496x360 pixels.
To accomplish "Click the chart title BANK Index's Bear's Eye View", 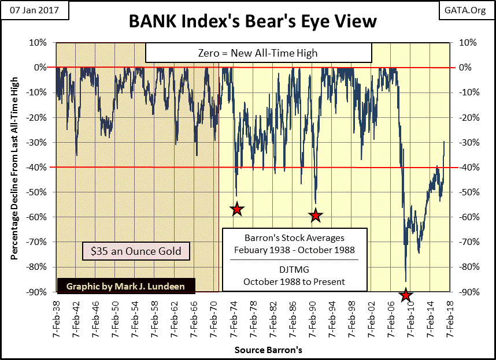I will coord(252,21).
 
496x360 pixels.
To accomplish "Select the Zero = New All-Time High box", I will coord(258,53).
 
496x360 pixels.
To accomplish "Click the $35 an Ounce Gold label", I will coord(136,251).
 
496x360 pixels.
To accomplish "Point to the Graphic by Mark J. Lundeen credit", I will coord(126,286).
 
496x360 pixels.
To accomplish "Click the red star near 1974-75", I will coord(236,209).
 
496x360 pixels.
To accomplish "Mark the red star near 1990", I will coord(315,216).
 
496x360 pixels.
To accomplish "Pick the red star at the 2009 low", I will coord(406,295).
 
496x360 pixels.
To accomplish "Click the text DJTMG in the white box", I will coord(294,271).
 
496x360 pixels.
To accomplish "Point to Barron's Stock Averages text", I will coord(294,238).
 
